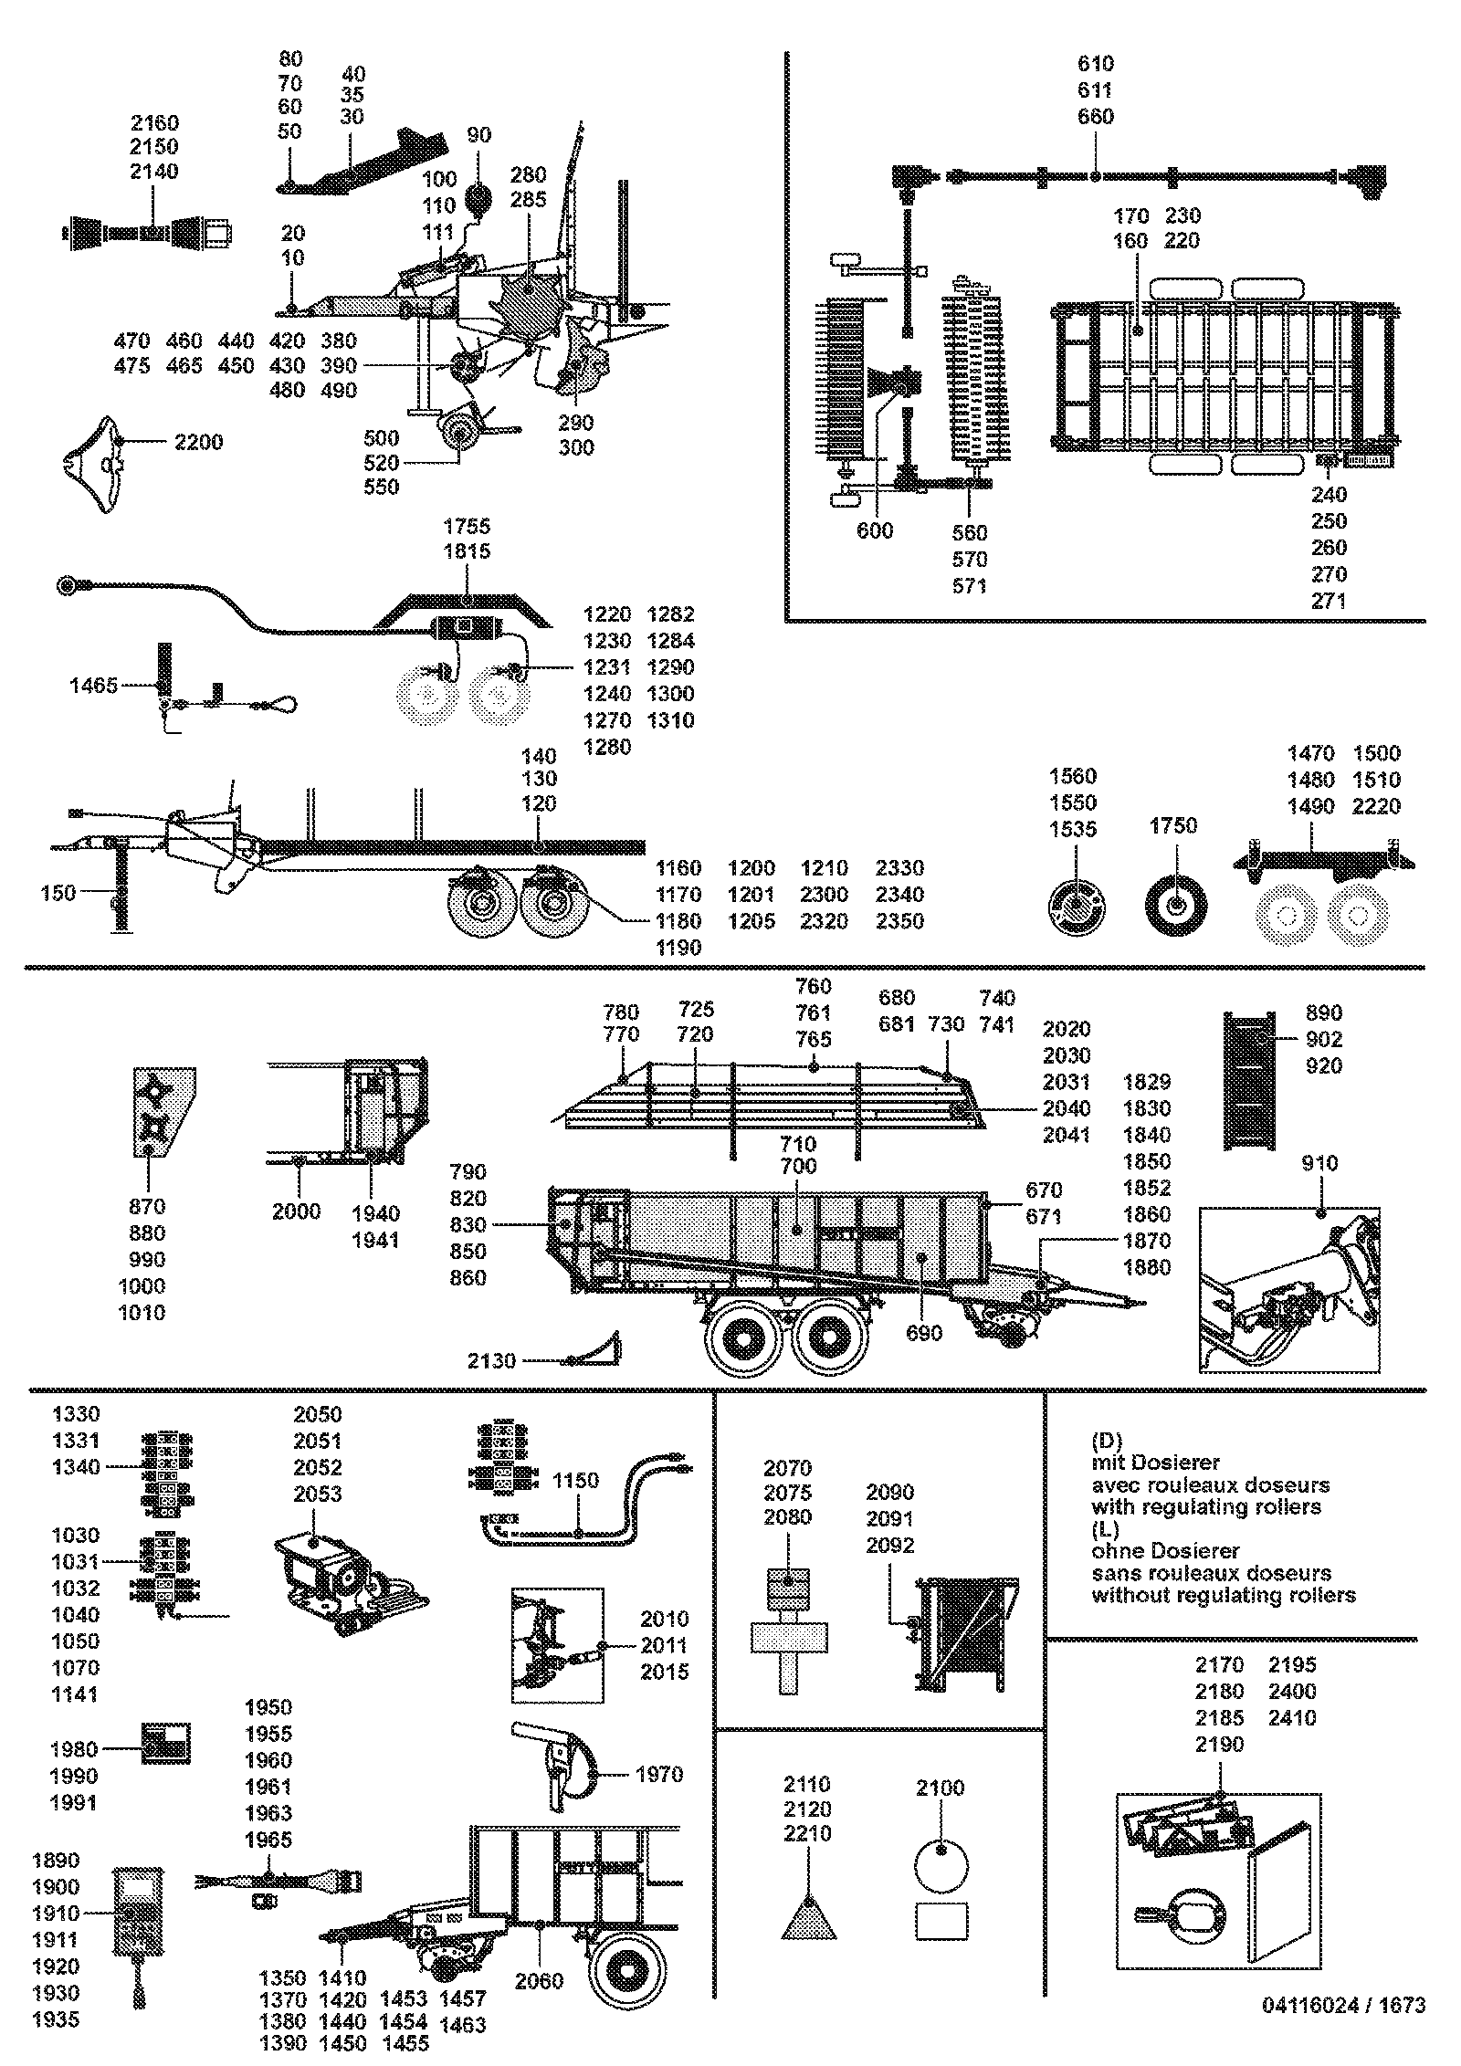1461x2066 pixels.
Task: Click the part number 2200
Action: [x=198, y=443]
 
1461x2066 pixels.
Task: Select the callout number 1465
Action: [x=94, y=686]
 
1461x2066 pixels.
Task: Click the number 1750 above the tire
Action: [x=1172, y=825]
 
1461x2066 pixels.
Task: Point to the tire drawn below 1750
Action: [x=1176, y=904]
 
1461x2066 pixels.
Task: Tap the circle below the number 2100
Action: [x=941, y=1867]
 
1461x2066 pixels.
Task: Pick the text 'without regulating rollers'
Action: [x=1224, y=1596]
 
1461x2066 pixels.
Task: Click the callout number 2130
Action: [x=491, y=1361]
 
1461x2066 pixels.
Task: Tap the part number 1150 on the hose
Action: [x=576, y=1481]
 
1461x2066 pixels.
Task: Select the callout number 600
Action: [x=875, y=530]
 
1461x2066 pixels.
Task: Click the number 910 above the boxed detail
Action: [x=1319, y=1163]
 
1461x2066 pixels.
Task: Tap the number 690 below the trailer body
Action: [x=923, y=1333]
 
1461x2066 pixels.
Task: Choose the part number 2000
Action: [x=296, y=1211]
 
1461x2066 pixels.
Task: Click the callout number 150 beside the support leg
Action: [x=58, y=892]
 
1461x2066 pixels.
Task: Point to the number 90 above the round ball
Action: [x=478, y=135]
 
